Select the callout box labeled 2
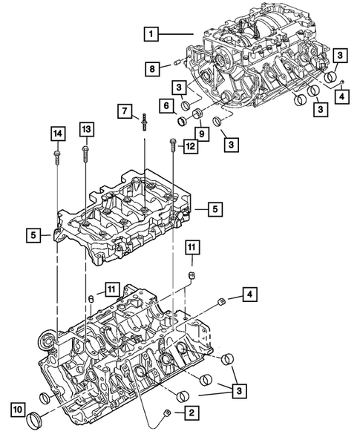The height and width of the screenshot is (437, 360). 191,412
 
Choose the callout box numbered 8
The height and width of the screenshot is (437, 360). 151,69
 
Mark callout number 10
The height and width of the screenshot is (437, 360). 16,407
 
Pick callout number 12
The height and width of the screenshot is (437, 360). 191,148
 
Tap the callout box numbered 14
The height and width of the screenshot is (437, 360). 57,134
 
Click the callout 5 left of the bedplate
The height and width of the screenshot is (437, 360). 34,235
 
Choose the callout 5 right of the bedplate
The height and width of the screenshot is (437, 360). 213,210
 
